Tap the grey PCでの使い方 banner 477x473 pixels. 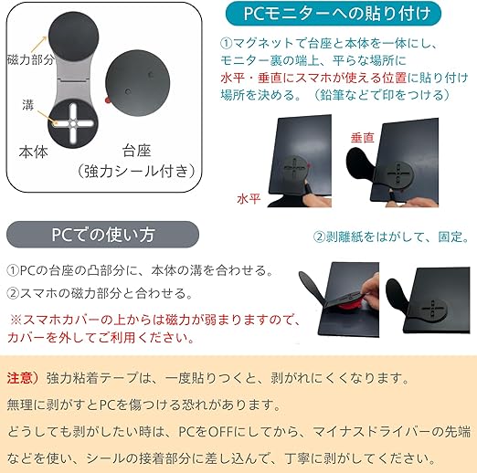pyautogui.click(x=102, y=235)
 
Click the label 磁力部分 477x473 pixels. pyautogui.click(x=30, y=59)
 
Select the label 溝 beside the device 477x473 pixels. pyautogui.click(x=27, y=105)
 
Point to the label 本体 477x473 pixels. pyautogui.click(x=34, y=152)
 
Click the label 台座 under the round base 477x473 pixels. pyautogui.click(x=137, y=151)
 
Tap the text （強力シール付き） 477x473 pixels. pyautogui.click(x=136, y=171)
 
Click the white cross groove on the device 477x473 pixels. pyautogui.click(x=73, y=123)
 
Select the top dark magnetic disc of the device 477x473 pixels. pyautogui.click(x=73, y=37)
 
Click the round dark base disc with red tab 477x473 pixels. pyautogui.click(x=137, y=83)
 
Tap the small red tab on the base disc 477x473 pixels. pyautogui.click(x=107, y=100)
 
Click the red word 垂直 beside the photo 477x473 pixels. pyautogui.click(x=362, y=138)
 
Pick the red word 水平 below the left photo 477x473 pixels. pyautogui.click(x=249, y=199)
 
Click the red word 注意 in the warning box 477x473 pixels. pyautogui.click(x=19, y=378)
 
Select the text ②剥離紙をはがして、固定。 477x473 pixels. pyautogui.click(x=391, y=236)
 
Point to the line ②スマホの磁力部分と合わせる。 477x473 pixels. pyautogui.click(x=100, y=293)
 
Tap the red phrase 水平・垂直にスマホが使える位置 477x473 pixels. pyautogui.click(x=313, y=78)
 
